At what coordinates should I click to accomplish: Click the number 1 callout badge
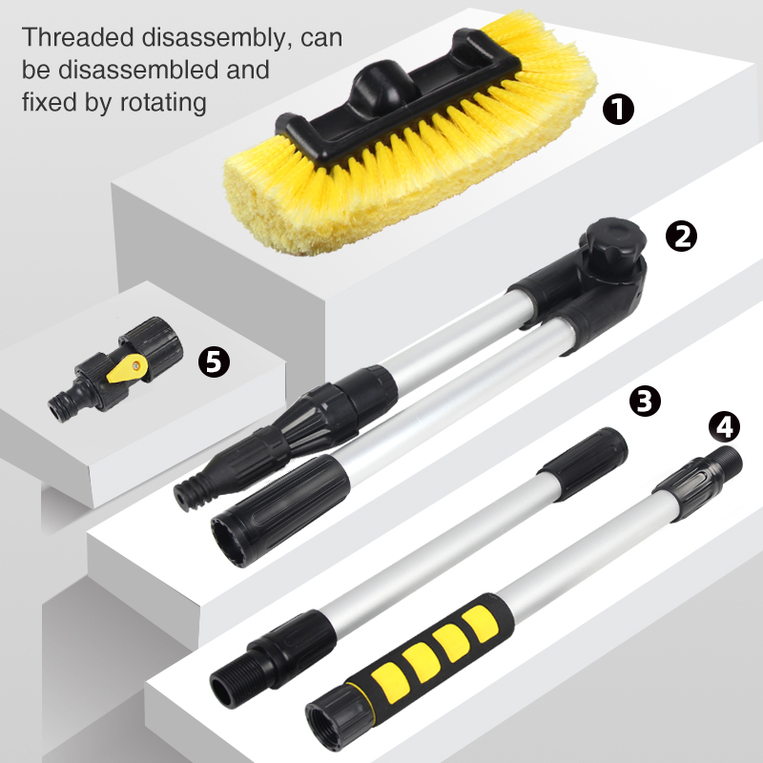[x=618, y=109]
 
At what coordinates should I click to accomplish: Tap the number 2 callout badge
[x=681, y=236]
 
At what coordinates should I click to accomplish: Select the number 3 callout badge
[x=645, y=401]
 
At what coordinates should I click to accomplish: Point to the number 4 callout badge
[x=724, y=426]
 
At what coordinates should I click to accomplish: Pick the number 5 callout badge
[x=214, y=361]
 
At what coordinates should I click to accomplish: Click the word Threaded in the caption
[x=78, y=37]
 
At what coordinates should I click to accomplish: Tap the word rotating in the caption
[x=163, y=103]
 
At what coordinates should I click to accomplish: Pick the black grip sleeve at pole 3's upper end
[x=584, y=464]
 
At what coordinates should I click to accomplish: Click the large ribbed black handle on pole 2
[x=279, y=511]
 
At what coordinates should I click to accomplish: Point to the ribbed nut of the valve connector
[x=152, y=347]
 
